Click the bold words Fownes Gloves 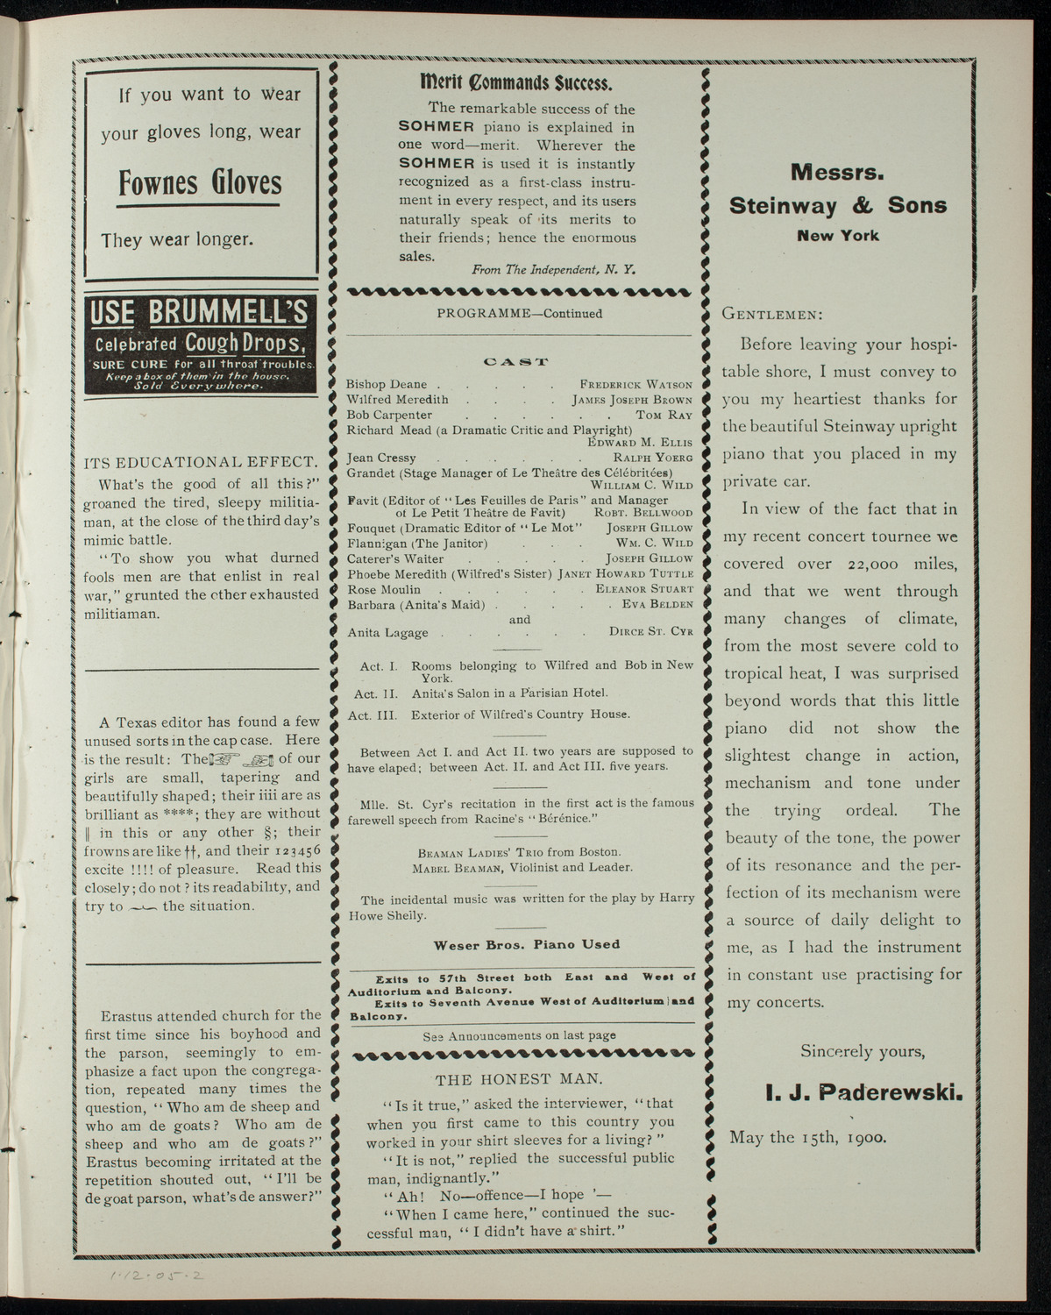point(200,183)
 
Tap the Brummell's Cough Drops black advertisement point(201,345)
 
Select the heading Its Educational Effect point(201,462)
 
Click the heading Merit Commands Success point(517,84)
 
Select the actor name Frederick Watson point(636,384)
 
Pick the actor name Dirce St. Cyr point(650,632)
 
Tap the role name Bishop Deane point(387,384)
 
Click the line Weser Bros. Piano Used point(526,944)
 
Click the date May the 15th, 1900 point(807,1136)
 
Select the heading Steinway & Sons point(838,206)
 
